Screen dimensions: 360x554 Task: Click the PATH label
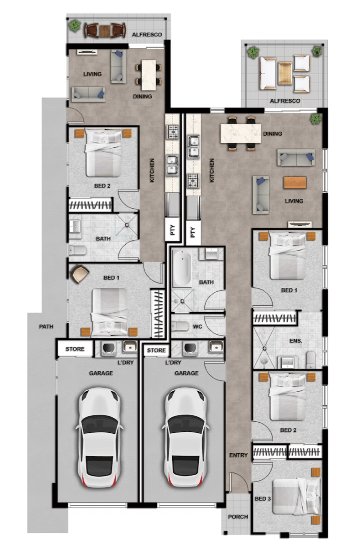[x=46, y=326]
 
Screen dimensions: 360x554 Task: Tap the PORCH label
[x=238, y=517]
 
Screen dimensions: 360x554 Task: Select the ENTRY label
[x=238, y=455]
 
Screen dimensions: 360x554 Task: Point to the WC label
[x=197, y=326]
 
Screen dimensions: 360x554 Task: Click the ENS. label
[x=296, y=341]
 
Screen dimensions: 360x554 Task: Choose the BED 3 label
[x=263, y=499]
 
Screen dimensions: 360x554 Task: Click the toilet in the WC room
[x=180, y=326]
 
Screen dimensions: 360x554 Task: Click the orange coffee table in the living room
[x=295, y=183]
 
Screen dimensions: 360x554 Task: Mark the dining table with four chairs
[x=149, y=75]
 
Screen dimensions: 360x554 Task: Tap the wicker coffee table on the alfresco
[x=285, y=73]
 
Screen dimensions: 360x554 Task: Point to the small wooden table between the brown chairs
[x=104, y=31]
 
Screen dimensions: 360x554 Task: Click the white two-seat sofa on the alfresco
[x=268, y=73]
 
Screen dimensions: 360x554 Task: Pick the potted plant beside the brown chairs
[x=75, y=25]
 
